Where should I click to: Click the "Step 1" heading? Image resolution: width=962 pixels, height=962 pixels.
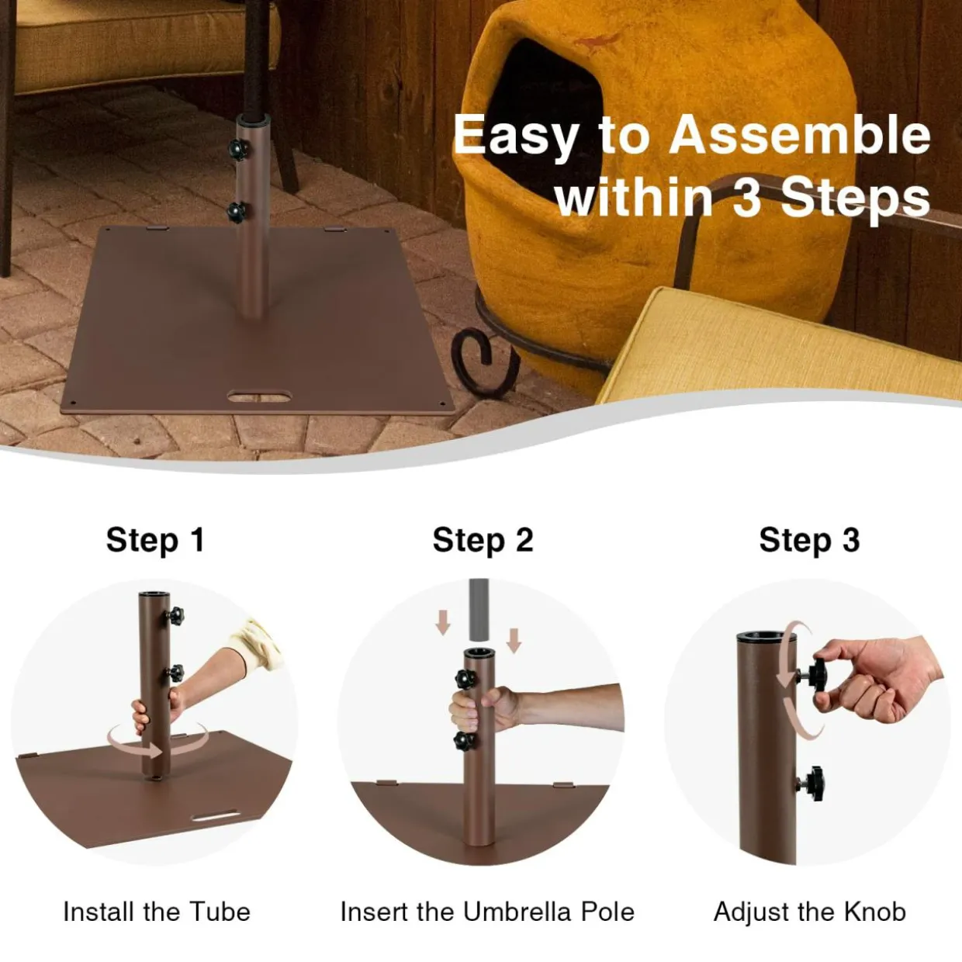155,540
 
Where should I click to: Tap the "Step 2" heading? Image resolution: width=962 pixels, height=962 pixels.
483,540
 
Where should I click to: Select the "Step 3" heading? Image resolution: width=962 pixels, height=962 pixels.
809,540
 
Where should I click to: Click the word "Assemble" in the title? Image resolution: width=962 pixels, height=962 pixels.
799,135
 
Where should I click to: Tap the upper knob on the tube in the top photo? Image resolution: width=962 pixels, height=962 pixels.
238,149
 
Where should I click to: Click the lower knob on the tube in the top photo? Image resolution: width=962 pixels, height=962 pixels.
236,213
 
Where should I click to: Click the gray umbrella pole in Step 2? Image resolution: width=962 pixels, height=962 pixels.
479,610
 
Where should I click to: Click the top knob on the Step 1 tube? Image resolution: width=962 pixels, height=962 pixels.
176,616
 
